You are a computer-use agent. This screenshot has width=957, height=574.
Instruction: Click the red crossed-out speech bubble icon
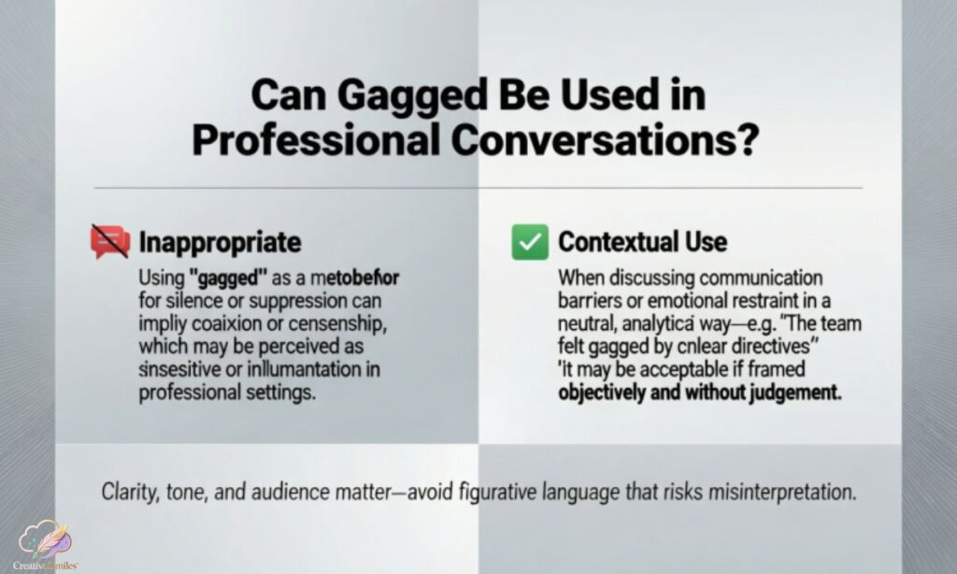[x=111, y=242]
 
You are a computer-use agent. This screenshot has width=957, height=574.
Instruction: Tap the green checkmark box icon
[x=529, y=242]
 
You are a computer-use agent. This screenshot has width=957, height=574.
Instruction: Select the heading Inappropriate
[x=220, y=242]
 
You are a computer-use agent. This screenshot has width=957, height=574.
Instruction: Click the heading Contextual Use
[x=642, y=242]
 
